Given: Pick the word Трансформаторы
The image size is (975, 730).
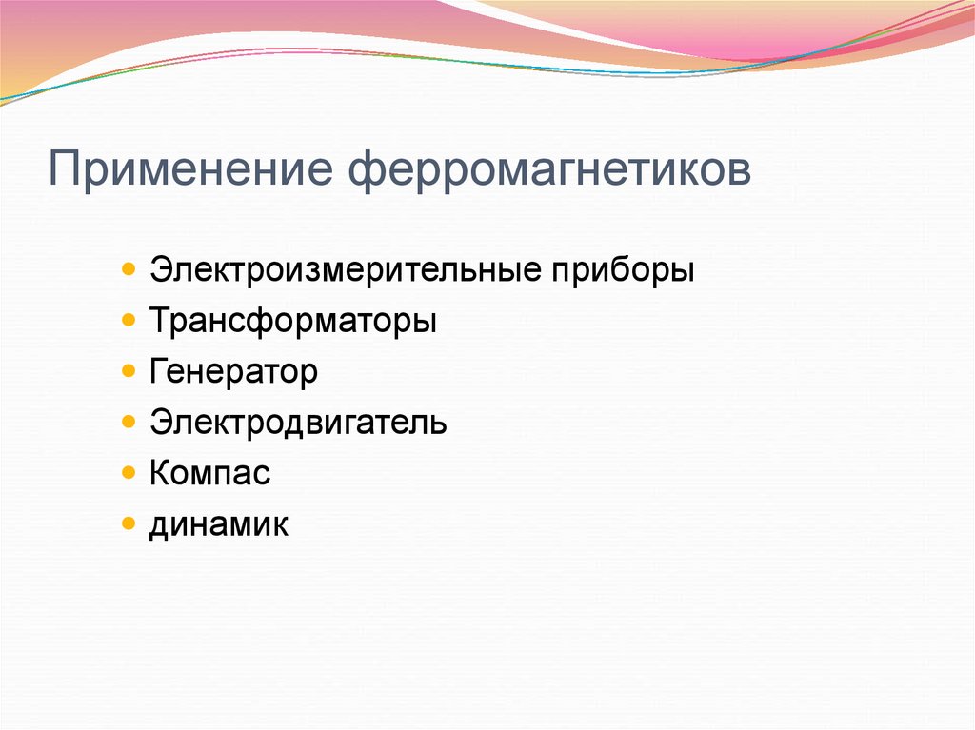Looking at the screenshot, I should coord(292,322).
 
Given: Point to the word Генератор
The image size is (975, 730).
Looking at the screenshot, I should coord(233,372).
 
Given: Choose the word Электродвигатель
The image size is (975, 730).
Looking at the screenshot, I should coord(297,423).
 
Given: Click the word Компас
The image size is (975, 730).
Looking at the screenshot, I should coord(209,473).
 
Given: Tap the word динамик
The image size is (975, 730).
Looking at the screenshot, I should coord(218,523).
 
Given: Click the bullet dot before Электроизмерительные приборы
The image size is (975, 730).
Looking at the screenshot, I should coord(129,270).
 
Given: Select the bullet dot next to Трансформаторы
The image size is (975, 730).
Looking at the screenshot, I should coord(129,321).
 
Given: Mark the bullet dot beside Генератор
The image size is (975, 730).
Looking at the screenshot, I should coord(129,371).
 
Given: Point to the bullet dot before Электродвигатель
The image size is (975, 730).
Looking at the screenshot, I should coord(129,422).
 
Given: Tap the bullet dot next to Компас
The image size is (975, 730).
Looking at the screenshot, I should coord(129,472).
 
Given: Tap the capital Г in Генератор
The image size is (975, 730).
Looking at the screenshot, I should coord(157,372).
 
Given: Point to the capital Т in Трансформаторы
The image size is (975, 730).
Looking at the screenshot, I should coord(158,322).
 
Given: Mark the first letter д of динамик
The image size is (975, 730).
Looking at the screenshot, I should coord(158,525).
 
